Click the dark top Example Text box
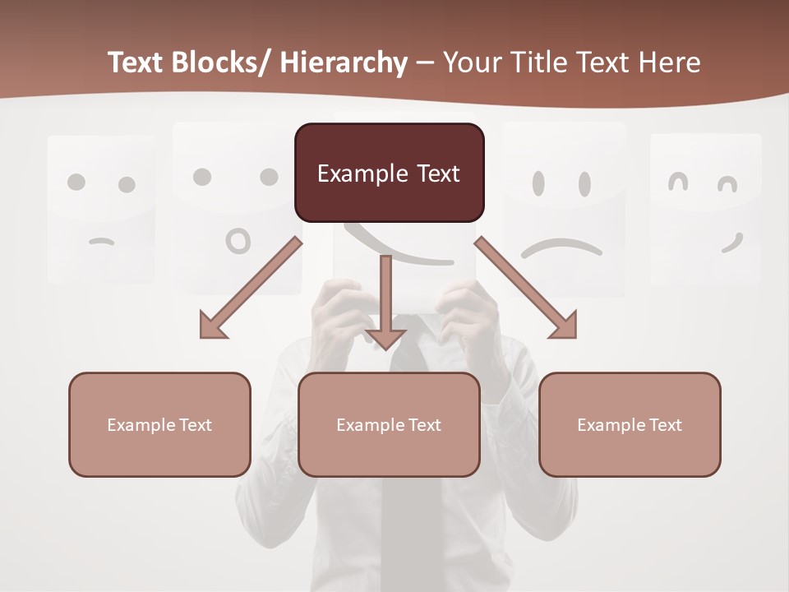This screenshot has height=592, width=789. pyautogui.click(x=389, y=173)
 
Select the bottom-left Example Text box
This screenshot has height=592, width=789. pyautogui.click(x=159, y=424)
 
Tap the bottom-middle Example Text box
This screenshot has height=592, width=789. pyautogui.click(x=389, y=424)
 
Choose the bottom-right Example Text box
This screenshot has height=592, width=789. pyautogui.click(x=630, y=424)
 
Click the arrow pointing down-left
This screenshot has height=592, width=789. pyautogui.click(x=247, y=290)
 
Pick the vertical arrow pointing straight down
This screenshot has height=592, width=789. pyautogui.click(x=385, y=304)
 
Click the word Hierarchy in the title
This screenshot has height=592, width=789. pyautogui.click(x=344, y=62)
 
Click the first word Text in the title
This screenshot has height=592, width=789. pyautogui.click(x=136, y=62)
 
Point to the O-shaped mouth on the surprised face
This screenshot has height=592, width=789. pyautogui.click(x=238, y=240)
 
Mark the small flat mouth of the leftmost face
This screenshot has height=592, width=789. pyautogui.click(x=100, y=242)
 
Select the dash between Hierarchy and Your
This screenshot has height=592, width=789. pyautogui.click(x=425, y=62)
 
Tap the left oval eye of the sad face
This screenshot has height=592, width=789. pyautogui.click(x=539, y=183)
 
